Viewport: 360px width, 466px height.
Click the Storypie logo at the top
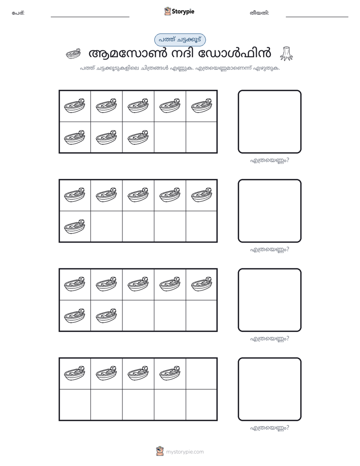[x=179, y=11]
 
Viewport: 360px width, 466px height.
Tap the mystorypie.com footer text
[x=185, y=452]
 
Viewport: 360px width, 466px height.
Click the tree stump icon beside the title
[x=286, y=54]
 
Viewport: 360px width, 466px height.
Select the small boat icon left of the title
[x=73, y=53]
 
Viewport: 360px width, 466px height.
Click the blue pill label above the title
[x=180, y=40]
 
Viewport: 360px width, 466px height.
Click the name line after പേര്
[x=90, y=17]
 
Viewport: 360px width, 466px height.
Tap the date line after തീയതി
[x=317, y=17]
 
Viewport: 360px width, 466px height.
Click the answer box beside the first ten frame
[x=269, y=122]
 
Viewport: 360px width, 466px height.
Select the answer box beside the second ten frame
[x=269, y=211]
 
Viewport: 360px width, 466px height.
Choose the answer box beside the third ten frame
[x=269, y=300]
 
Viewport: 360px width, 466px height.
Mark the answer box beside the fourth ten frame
[x=269, y=389]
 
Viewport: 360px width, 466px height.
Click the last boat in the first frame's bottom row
[x=138, y=137]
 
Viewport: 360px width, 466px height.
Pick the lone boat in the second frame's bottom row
[x=75, y=226]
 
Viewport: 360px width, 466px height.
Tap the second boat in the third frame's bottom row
[x=106, y=316]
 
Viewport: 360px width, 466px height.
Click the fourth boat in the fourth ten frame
[x=170, y=373]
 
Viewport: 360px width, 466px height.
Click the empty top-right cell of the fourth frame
[x=201, y=374]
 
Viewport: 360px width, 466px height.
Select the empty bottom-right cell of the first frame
[x=201, y=137]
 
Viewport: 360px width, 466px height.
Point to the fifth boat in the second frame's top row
[x=202, y=195]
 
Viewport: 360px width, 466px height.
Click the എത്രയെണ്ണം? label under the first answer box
[x=269, y=160]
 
